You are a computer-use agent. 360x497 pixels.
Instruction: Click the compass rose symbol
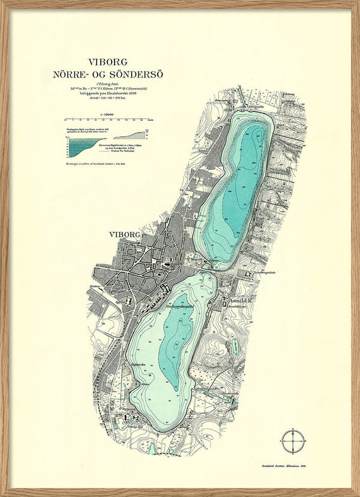point(292,440)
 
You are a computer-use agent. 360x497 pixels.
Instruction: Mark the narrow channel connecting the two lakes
point(208,268)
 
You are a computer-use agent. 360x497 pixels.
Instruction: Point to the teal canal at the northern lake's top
point(238,97)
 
